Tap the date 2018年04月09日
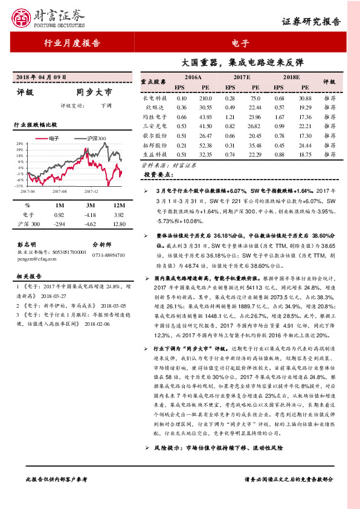[43, 78]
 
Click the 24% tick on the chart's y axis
[20, 144]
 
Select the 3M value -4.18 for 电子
[90, 215]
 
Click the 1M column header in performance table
[59, 206]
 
